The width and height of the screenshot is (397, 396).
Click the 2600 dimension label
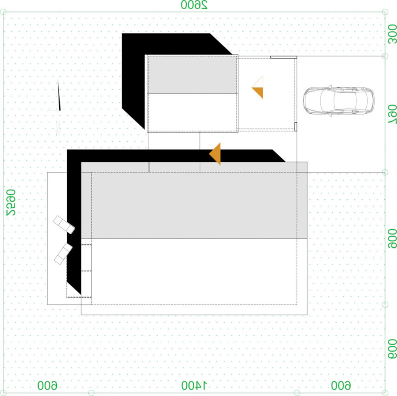pyautogui.click(x=194, y=5)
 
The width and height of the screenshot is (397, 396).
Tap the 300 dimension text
pyautogui.click(x=392, y=34)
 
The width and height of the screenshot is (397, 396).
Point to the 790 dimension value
pyautogui.click(x=392, y=115)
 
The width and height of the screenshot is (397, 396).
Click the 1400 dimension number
pyautogui.click(x=194, y=385)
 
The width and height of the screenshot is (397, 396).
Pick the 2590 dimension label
pyautogui.click(x=11, y=203)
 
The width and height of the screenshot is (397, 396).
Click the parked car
pyautogui.click(x=339, y=100)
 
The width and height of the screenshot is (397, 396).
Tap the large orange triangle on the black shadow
pyautogui.click(x=215, y=154)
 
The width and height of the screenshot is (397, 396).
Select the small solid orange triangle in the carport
pyautogui.click(x=257, y=93)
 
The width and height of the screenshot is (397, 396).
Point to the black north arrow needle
pyautogui.click(x=59, y=95)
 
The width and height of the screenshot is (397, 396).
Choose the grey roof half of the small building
pyautogui.click(x=193, y=75)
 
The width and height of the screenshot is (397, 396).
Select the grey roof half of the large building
pyautogui.click(x=194, y=200)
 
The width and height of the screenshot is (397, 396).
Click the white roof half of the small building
pyautogui.click(x=193, y=112)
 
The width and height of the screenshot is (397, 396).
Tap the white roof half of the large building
pyautogui.click(x=194, y=276)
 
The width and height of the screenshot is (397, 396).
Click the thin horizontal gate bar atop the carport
pyautogui.click(x=283, y=57)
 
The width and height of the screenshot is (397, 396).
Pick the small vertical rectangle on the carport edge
pyautogui.click(x=296, y=126)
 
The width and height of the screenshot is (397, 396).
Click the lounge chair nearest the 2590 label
pyautogui.click(x=64, y=225)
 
